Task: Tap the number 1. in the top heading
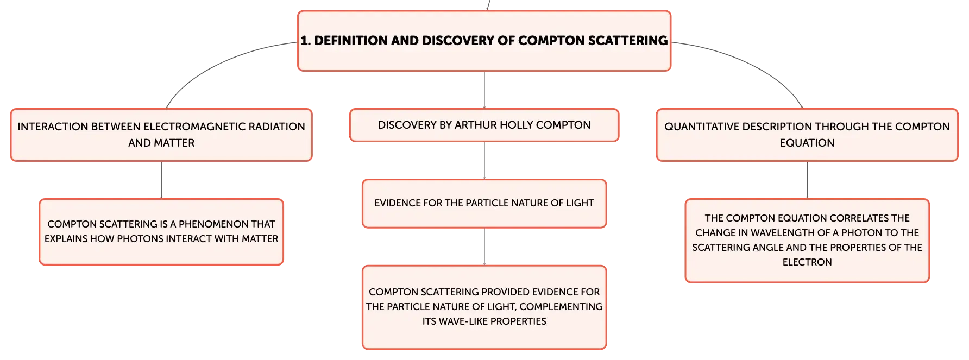point(306,41)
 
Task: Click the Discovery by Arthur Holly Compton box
point(484,125)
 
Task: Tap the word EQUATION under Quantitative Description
point(807,143)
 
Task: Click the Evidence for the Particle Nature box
point(484,204)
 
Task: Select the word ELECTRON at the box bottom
point(807,262)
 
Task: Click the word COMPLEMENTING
point(561,306)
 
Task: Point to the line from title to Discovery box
point(485,90)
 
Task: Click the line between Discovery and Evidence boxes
point(485,161)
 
